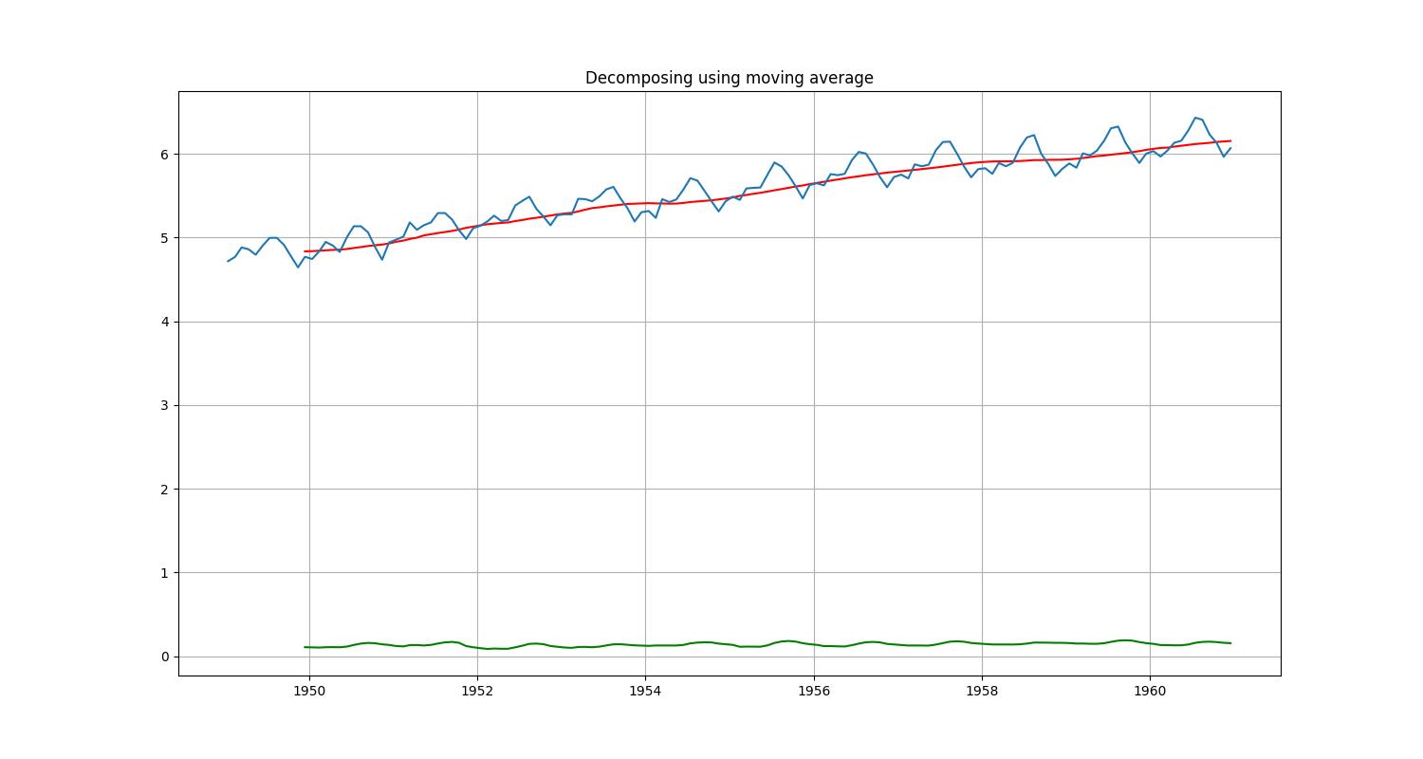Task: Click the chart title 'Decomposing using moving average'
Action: (x=729, y=78)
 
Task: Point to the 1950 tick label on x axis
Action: (x=309, y=692)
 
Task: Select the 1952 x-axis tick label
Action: (x=477, y=692)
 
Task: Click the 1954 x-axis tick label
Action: (x=645, y=692)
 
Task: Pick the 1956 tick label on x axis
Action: (x=814, y=692)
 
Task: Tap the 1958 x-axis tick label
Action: (x=982, y=692)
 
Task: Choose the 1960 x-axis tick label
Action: (x=1150, y=692)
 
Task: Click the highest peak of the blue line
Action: (x=1195, y=118)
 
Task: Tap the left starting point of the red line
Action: (x=305, y=251)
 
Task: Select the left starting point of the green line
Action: (x=305, y=647)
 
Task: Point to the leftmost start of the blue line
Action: (x=228, y=261)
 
